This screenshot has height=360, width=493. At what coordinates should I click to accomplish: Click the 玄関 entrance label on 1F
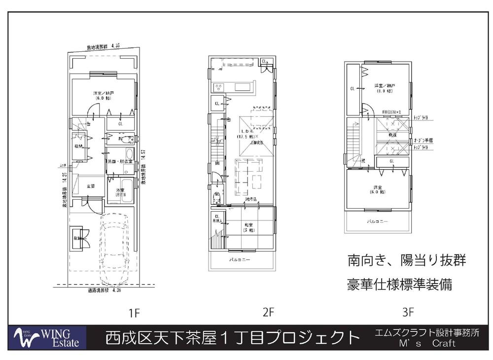[x=91, y=186]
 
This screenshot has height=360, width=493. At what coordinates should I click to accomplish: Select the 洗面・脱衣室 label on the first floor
[x=119, y=161]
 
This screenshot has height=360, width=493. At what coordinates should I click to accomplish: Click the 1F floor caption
[x=135, y=312]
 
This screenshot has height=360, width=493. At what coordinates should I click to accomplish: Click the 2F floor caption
[x=268, y=312]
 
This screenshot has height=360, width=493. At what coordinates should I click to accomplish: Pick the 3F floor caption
[x=408, y=312]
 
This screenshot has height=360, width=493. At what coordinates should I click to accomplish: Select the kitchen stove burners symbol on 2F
[x=218, y=87]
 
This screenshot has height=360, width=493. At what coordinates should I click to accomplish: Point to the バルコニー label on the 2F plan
[x=240, y=259]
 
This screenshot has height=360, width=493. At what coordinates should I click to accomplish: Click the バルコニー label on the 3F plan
[x=377, y=221]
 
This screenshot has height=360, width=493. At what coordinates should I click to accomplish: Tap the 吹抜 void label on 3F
[x=392, y=134]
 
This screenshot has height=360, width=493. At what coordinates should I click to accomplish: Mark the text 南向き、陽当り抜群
[x=407, y=260]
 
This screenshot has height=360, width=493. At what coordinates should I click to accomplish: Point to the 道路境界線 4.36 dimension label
[x=103, y=291]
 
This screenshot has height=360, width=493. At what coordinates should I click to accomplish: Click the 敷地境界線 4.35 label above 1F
[x=103, y=47]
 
